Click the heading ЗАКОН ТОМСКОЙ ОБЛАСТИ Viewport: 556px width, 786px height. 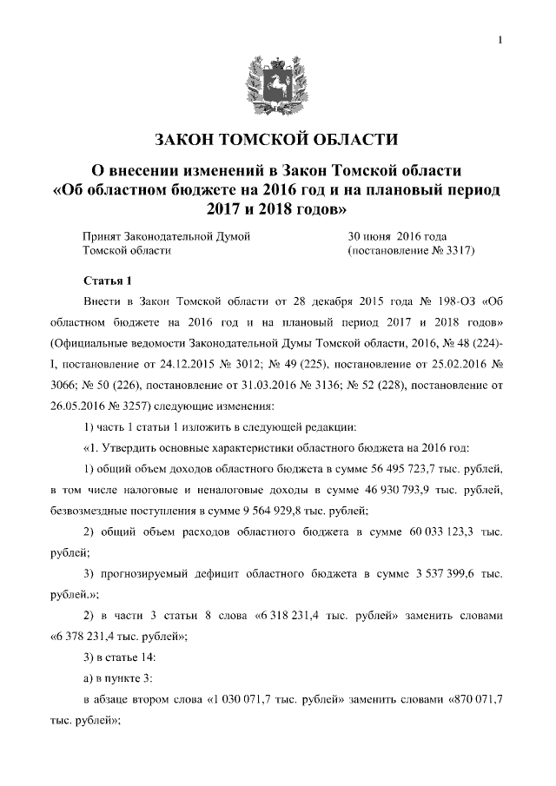[277, 138]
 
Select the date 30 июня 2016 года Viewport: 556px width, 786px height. [397, 235]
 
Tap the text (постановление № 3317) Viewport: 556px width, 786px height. [411, 250]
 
